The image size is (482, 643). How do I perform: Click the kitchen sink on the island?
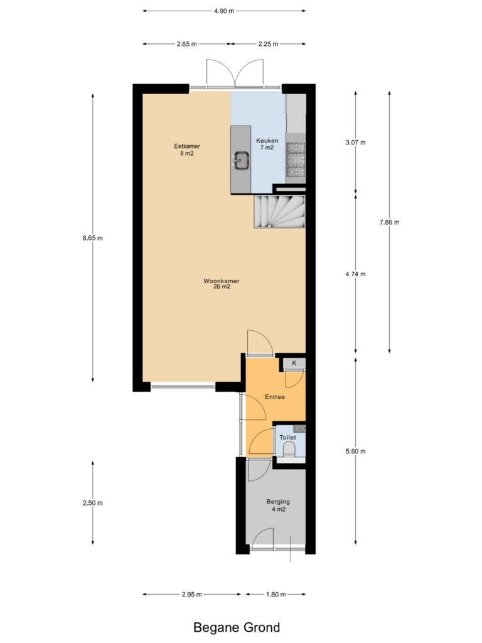click(241, 160)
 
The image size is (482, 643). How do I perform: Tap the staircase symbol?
click(280, 211)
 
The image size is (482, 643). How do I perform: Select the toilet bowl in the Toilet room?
click(289, 451)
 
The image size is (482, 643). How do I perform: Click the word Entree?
click(275, 397)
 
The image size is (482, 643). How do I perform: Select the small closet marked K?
click(294, 363)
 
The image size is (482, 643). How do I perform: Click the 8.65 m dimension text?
click(93, 238)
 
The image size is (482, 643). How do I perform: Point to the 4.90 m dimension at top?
click(224, 11)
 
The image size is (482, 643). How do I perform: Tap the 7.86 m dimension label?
click(389, 222)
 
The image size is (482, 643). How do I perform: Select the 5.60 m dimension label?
click(355, 451)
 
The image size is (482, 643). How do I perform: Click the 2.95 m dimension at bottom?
click(192, 594)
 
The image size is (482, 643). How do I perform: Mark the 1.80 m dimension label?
click(276, 594)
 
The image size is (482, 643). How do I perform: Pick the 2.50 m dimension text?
click(93, 503)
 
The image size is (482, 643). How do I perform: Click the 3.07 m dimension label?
click(355, 143)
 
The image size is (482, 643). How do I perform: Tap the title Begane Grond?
click(237, 627)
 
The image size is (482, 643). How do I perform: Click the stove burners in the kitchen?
click(296, 159)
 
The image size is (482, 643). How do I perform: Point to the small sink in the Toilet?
click(301, 429)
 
